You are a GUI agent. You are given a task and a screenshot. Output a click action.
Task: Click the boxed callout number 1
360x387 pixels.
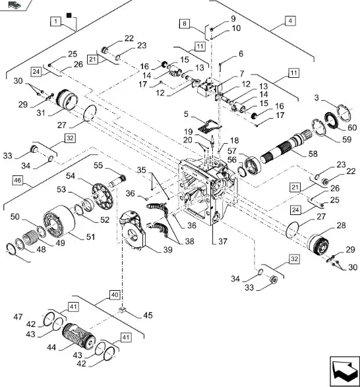click(x=56, y=21)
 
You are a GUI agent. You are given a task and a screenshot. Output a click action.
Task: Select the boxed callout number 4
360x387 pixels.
click(x=290, y=20)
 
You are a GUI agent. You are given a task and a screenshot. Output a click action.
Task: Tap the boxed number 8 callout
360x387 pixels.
click(x=185, y=24)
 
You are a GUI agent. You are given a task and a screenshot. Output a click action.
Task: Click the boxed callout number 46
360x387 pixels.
click(x=18, y=180)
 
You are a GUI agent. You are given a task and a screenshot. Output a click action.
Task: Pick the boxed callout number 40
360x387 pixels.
click(x=115, y=295)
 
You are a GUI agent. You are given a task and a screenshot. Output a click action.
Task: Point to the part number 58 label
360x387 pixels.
click(x=313, y=154)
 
